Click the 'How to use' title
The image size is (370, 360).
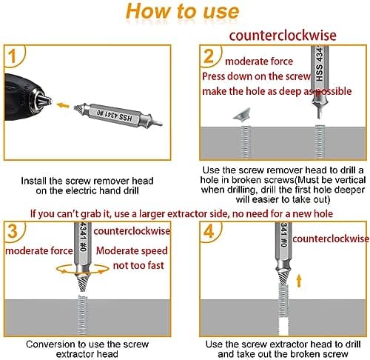click(182, 13)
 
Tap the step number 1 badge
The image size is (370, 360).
click(13, 56)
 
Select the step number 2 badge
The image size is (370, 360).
click(210, 56)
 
